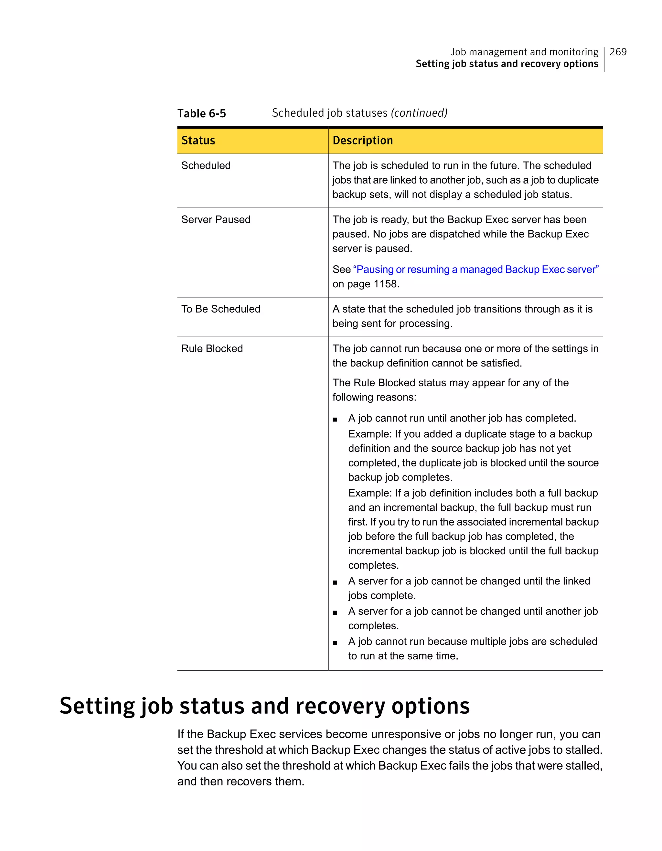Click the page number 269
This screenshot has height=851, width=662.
pos(618,52)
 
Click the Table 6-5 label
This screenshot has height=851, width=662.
pos(201,113)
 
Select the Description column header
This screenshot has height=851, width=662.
pos(362,140)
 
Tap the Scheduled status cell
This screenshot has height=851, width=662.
pos(206,165)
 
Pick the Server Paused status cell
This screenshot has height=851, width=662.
pos(216,219)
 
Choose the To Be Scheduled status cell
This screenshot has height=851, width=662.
pos(220,309)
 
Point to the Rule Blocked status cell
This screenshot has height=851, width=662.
pos(212,348)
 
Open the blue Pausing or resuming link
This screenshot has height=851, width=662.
pos(475,269)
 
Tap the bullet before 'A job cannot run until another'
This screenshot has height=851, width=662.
pos(335,420)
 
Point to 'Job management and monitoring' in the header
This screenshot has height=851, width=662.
pos(524,52)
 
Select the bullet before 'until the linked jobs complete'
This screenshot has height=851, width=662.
pos(335,582)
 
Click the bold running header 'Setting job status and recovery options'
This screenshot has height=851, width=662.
pos(507,64)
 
